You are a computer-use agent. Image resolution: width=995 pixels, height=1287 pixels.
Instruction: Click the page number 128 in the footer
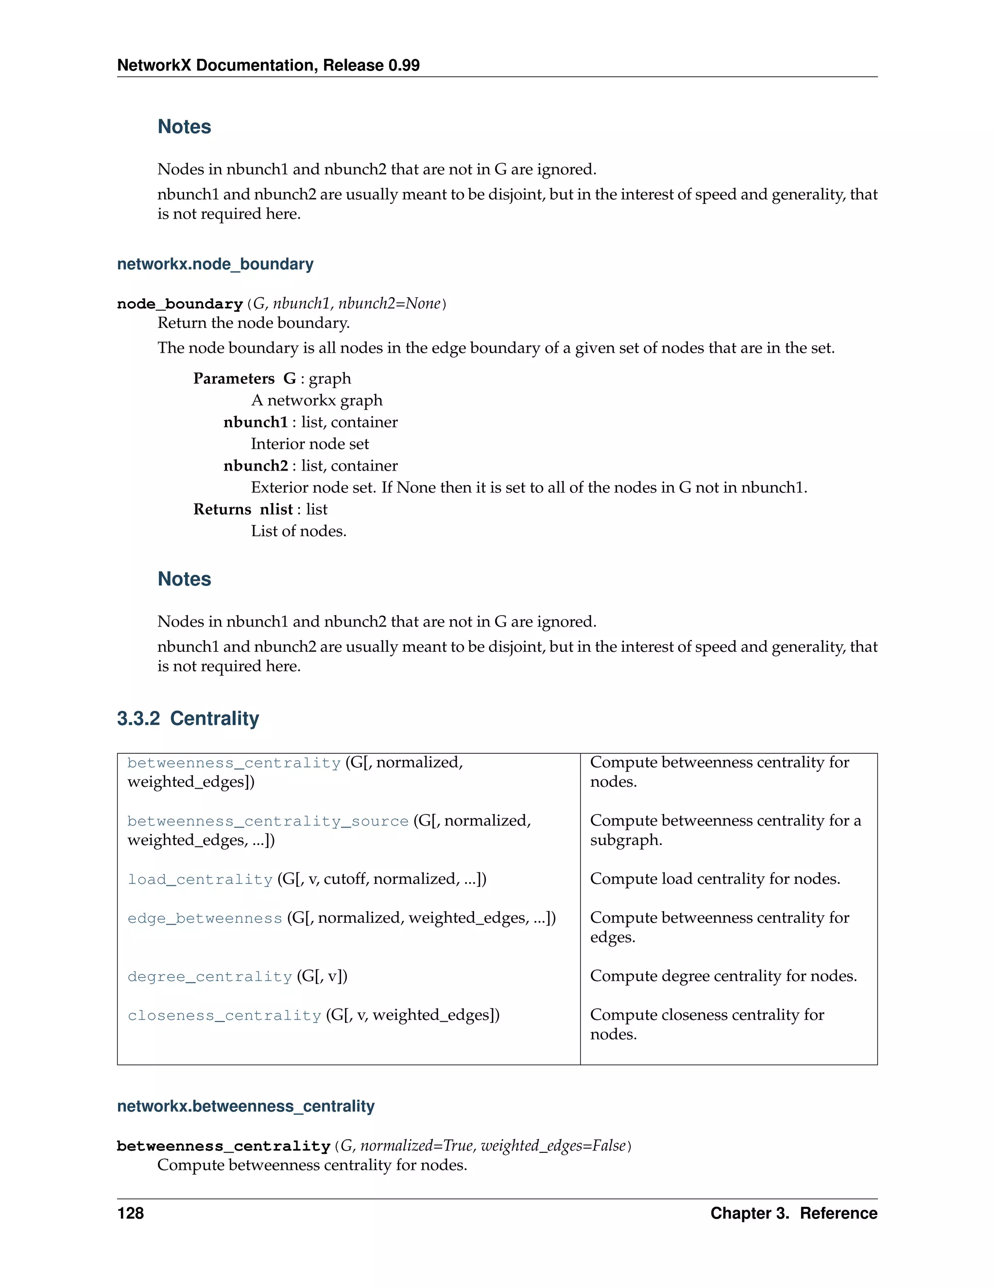pyautogui.click(x=130, y=1213)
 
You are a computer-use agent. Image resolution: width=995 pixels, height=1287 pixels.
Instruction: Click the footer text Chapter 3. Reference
pyautogui.click(x=793, y=1213)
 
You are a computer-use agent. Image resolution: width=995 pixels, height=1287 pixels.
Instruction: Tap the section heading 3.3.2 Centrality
pyautogui.click(x=188, y=718)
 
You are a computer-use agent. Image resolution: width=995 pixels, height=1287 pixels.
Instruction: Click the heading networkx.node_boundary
pyautogui.click(x=215, y=264)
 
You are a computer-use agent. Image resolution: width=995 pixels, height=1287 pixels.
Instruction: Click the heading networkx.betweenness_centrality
pyautogui.click(x=246, y=1106)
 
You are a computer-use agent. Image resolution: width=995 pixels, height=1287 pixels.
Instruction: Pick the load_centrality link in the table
pyautogui.click(x=200, y=879)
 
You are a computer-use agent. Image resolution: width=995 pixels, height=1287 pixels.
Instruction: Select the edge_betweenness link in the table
pyautogui.click(x=205, y=918)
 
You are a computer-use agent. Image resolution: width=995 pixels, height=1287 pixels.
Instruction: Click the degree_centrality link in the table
pyautogui.click(x=210, y=977)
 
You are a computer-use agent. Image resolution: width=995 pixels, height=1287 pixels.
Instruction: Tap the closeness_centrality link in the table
pyautogui.click(x=224, y=1016)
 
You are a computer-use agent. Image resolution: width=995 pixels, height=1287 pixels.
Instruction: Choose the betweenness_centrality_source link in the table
pyautogui.click(x=268, y=821)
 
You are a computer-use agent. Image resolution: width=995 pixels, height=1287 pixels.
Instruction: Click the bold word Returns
pyautogui.click(x=222, y=509)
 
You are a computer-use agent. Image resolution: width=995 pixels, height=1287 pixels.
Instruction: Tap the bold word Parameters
pyautogui.click(x=234, y=378)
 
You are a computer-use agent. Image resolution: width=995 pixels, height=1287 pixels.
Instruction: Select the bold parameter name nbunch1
pyautogui.click(x=255, y=422)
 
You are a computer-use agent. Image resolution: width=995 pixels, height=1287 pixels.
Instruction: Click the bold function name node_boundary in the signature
pyautogui.click(x=180, y=304)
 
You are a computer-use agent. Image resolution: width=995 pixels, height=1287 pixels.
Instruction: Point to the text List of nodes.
pyautogui.click(x=298, y=531)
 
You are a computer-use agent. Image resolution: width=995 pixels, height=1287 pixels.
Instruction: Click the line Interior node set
pyautogui.click(x=309, y=444)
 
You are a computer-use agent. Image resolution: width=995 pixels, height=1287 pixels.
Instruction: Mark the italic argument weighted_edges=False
pyautogui.click(x=552, y=1146)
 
